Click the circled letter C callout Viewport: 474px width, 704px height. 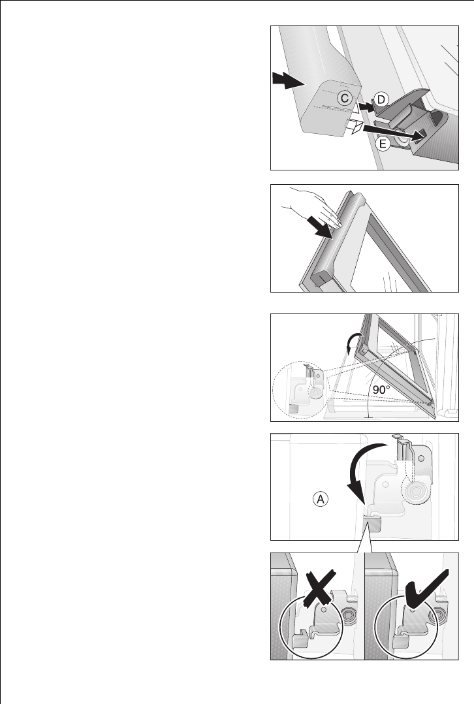click(x=344, y=98)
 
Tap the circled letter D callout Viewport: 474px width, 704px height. click(x=381, y=99)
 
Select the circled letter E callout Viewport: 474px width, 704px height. click(x=383, y=144)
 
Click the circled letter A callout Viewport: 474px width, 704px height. click(x=321, y=499)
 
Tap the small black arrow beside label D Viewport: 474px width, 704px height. click(x=366, y=107)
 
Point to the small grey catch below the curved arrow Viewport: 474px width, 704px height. click(x=371, y=524)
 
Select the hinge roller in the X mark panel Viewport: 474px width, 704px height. click(x=349, y=614)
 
